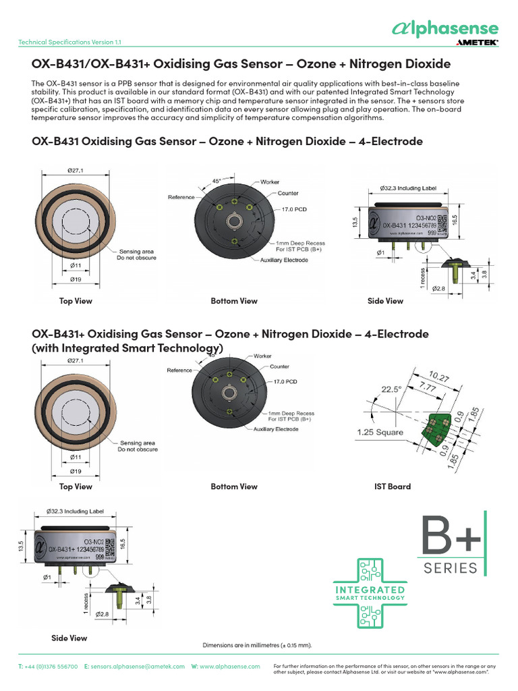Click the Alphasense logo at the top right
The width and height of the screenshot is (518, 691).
point(445,28)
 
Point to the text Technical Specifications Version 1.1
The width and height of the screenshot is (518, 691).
point(69,42)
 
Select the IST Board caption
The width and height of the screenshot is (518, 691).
point(392,487)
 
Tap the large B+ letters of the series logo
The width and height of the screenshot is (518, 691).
point(451,536)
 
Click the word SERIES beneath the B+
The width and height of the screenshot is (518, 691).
point(451,568)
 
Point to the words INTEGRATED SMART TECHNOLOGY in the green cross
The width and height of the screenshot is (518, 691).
point(370,593)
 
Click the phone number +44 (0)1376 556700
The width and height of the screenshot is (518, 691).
point(53,666)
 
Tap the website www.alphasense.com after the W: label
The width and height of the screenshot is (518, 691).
point(229,666)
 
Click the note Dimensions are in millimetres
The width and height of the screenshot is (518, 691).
point(257,644)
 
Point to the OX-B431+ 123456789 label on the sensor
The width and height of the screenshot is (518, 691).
point(77,550)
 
